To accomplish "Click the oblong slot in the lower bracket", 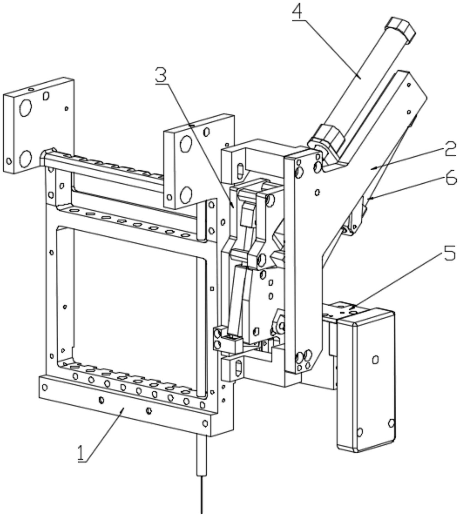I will (x=239, y=368).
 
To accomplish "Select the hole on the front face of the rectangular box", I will (x=375, y=360).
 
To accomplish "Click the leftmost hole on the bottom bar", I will (x=45, y=387).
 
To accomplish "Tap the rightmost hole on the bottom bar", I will (x=205, y=423).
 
